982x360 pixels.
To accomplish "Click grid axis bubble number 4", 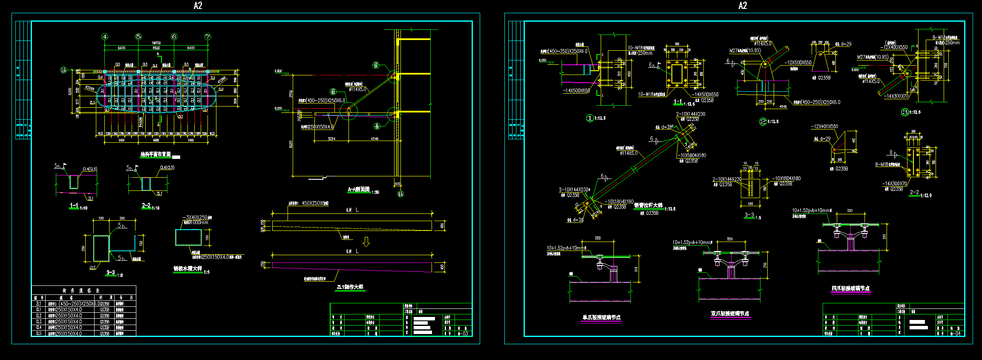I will pos(105,37).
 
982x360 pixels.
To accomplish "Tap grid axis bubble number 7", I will pos(208,37).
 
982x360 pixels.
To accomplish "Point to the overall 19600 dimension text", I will pos(156,43).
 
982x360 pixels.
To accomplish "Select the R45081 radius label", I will pos(141,121).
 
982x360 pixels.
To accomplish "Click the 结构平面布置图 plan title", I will pos(156,154).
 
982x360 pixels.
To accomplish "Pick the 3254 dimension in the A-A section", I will pos(331,138).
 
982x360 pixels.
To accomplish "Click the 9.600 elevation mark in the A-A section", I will pos(278,71).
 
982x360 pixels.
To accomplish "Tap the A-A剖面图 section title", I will pos(359,190).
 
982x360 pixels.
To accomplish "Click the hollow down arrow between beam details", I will pos(366,242).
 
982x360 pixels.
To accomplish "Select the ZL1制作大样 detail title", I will pos(350,287).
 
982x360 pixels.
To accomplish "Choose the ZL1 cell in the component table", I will pos(39,304).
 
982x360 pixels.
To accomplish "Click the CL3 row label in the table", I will pos(39,322).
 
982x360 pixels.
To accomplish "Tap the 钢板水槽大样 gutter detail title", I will pos(187,269).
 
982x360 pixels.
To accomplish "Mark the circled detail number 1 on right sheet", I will pos(590,118).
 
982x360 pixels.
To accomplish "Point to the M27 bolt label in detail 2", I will pos(745,51).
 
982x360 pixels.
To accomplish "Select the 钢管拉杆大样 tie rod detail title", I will pos(648,205).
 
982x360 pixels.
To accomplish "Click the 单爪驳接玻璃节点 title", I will pos(601,317).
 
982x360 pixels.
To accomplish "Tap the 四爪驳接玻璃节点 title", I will pos(850,288).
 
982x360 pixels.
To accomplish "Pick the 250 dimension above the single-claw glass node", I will pos(598,238).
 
